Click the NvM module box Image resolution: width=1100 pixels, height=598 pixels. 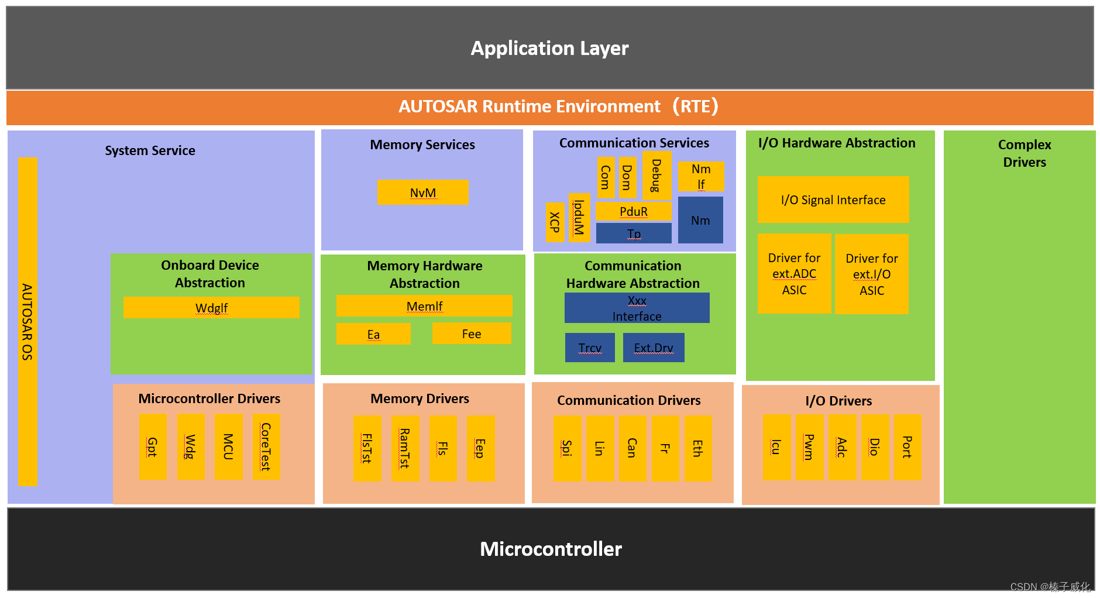[423, 193]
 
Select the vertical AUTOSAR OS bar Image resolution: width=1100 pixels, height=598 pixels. [27, 322]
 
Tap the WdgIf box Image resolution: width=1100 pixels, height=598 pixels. [211, 308]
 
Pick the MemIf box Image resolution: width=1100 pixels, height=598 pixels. [424, 306]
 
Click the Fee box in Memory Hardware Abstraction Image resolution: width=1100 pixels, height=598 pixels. [472, 334]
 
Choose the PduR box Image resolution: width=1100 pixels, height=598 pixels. [633, 211]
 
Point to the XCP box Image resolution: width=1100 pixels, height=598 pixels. [555, 222]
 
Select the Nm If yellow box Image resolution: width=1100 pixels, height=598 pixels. [701, 176]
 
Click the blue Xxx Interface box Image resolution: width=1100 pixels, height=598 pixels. [637, 308]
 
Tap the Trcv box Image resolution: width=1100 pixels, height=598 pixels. [590, 348]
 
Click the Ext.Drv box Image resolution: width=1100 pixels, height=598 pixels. [654, 348]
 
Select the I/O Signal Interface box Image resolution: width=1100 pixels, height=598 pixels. [833, 200]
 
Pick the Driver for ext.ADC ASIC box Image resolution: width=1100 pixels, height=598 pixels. [794, 273]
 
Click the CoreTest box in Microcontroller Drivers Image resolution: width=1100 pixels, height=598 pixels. [266, 447]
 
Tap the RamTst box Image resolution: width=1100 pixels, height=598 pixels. [405, 448]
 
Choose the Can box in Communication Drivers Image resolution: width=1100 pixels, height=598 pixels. [632, 448]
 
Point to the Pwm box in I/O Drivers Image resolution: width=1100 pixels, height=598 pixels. [809, 447]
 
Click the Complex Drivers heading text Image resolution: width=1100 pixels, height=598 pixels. [1024, 153]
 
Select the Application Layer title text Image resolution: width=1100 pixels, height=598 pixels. [549, 48]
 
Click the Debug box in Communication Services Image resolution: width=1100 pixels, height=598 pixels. [656, 175]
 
